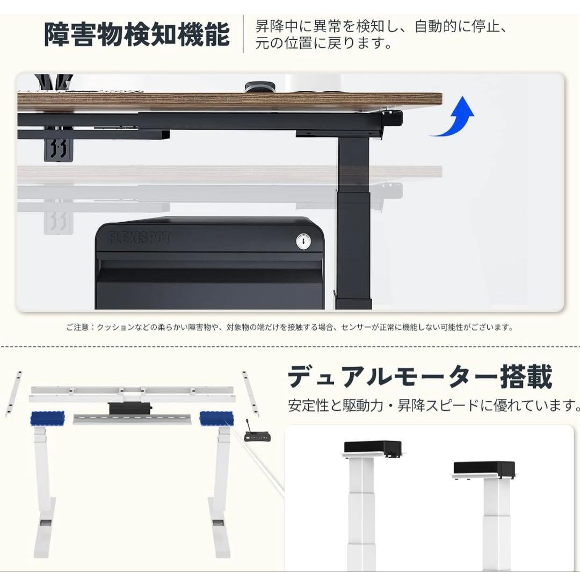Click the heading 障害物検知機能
(x=136, y=34)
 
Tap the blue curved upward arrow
(x=455, y=117)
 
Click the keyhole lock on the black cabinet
(x=303, y=242)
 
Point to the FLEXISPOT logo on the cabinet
(x=140, y=237)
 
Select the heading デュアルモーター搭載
(x=419, y=377)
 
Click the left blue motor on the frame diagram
(x=47, y=418)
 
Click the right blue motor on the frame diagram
(x=216, y=418)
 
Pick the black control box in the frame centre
(x=130, y=408)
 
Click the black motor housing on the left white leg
(x=373, y=447)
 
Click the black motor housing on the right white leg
(x=484, y=469)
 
